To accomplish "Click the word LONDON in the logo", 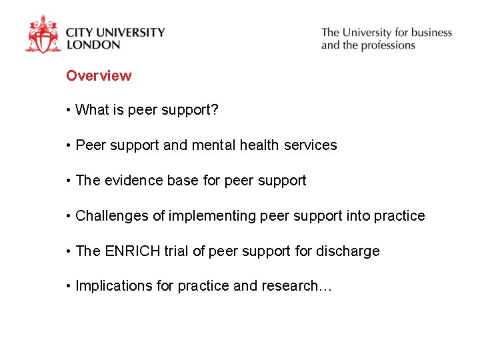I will coord(93,45).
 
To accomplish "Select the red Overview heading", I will coord(99,76).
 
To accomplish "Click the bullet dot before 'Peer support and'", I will coord(69,145).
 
